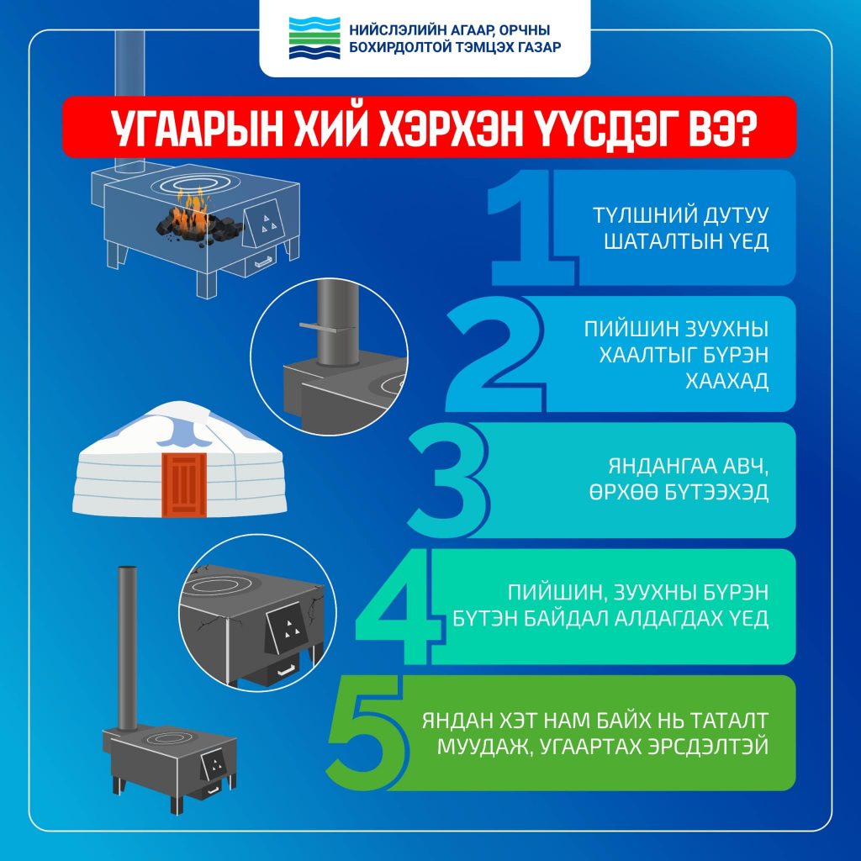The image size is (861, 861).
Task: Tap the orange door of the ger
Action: click(184, 483)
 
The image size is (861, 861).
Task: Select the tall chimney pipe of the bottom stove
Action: click(128, 647)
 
